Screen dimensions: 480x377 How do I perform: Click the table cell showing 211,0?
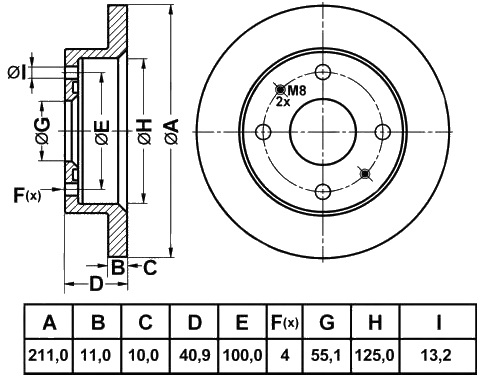48,356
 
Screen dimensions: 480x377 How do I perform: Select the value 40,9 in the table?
195,356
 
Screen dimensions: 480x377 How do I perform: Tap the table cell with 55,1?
326,356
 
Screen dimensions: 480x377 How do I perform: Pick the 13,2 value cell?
438,356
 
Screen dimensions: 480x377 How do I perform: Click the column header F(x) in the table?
284,322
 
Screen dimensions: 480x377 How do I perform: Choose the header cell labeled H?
375,322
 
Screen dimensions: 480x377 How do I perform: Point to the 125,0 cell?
375,356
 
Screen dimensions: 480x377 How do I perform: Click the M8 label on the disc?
296,90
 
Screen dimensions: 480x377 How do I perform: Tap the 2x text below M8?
283,102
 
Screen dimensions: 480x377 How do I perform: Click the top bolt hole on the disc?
323,72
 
